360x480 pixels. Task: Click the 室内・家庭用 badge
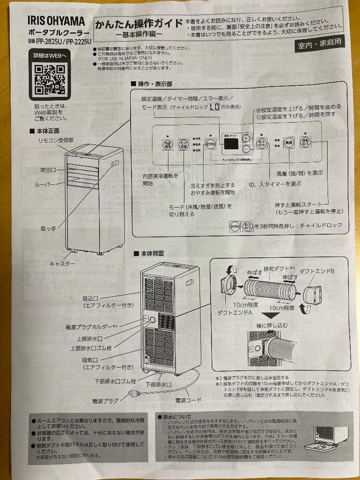(320, 44)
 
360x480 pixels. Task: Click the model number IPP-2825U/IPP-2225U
(62, 42)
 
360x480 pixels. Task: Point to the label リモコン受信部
(56, 140)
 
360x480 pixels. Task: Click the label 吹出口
(48, 170)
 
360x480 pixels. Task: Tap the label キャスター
(62, 264)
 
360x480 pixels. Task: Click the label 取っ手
(48, 228)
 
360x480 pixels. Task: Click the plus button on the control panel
(246, 137)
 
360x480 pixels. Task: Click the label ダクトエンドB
(316, 272)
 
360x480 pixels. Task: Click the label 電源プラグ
(105, 400)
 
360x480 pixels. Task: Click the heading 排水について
(178, 417)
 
